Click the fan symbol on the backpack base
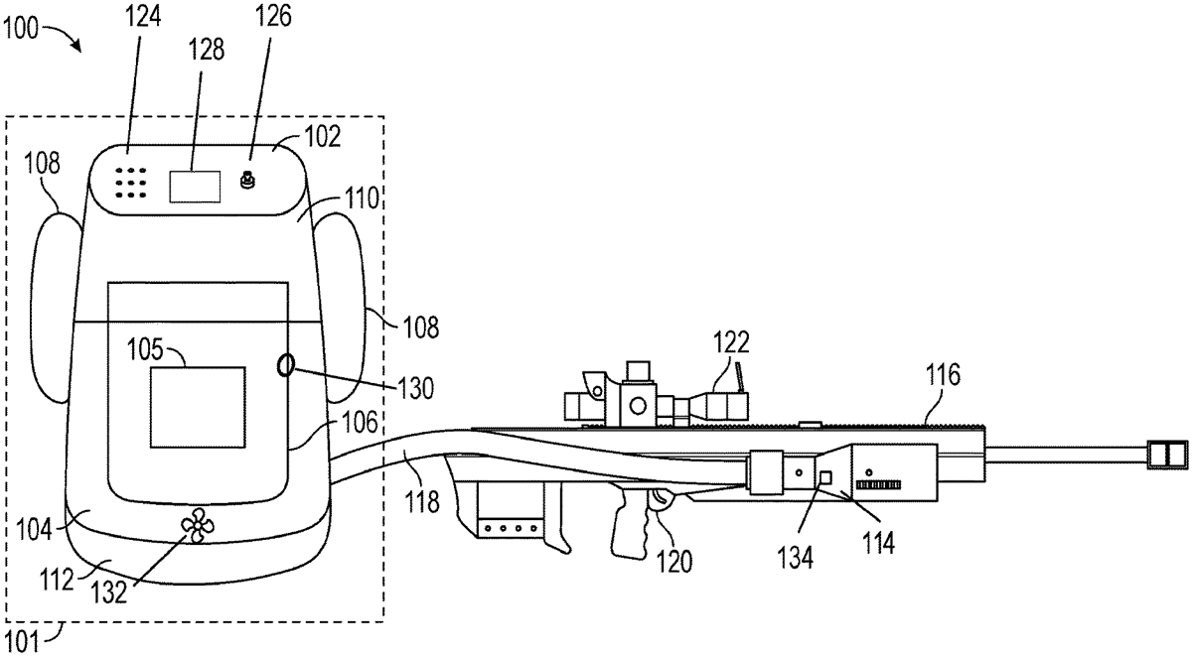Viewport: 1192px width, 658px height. (x=196, y=526)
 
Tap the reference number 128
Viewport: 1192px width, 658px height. (x=210, y=49)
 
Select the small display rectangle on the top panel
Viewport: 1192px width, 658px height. (x=196, y=186)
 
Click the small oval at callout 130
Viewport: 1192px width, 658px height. (x=285, y=366)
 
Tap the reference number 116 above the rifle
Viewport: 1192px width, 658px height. (x=943, y=375)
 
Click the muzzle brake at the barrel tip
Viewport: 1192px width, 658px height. (x=1168, y=454)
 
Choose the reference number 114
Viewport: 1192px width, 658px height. (x=878, y=542)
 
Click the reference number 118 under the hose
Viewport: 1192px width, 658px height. (x=422, y=502)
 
